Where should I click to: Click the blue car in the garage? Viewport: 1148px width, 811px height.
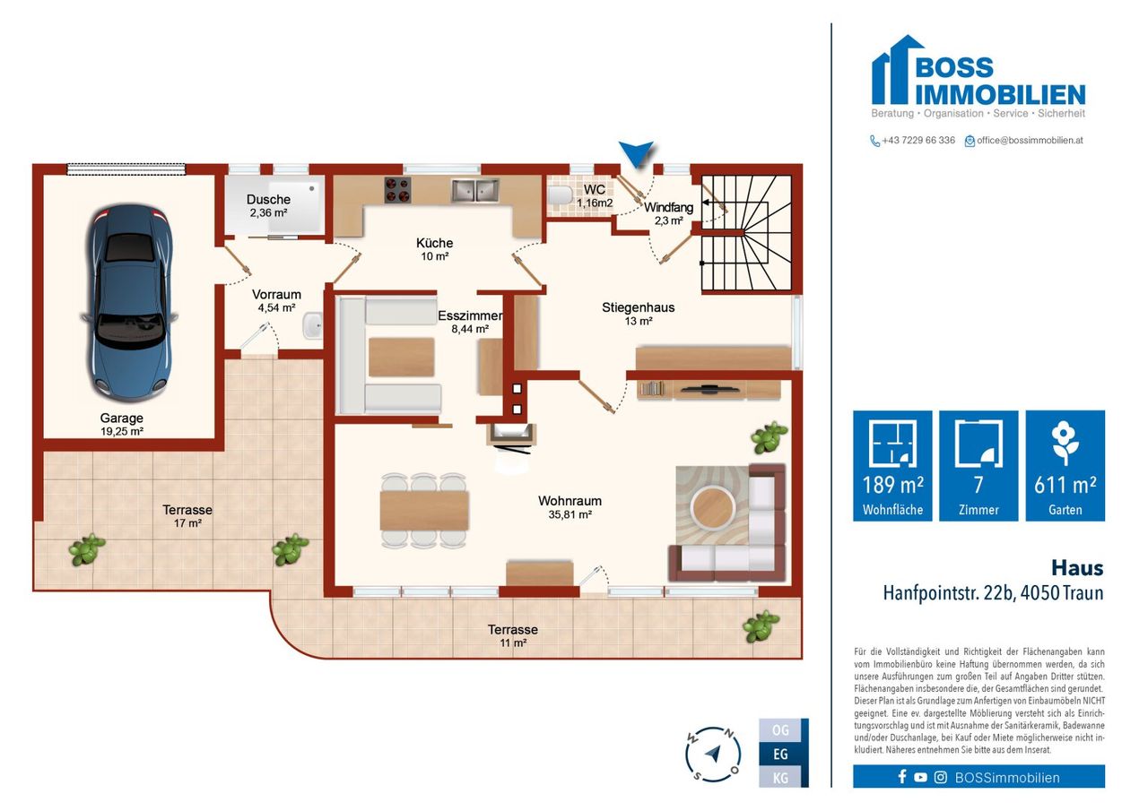128,302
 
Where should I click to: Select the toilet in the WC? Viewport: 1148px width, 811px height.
560,195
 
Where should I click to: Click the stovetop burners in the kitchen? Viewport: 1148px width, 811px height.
397,189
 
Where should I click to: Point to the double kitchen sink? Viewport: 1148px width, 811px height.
475,190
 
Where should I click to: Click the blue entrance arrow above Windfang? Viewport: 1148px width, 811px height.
636,153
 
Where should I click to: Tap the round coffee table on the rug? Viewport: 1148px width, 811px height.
712,508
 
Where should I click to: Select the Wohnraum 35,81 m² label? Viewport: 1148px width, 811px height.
570,507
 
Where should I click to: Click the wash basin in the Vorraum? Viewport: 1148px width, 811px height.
312,326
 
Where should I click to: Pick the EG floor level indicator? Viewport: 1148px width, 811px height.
780,755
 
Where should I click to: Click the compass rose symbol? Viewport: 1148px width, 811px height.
713,754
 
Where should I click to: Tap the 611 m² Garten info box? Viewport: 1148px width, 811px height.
1065,465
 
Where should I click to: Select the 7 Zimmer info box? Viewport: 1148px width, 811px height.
978,465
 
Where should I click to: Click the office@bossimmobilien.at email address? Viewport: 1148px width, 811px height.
1030,141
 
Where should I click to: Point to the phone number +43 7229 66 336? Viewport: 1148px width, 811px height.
918,141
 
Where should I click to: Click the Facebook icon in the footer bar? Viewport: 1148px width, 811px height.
902,777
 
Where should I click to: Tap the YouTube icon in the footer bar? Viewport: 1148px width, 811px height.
920,777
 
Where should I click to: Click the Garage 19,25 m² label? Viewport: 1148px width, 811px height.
121,425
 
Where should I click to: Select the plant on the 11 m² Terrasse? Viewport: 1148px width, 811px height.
761,626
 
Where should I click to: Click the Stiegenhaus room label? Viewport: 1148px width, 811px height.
638,314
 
